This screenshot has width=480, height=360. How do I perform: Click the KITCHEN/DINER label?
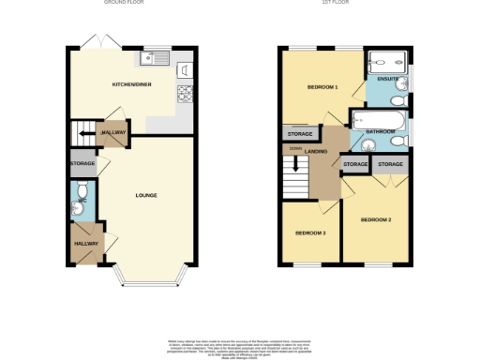pos(131,84)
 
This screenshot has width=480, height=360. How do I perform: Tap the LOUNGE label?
pos(145,195)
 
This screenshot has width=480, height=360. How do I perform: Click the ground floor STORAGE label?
pos(82,164)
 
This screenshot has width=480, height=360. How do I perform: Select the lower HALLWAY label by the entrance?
pos(86,243)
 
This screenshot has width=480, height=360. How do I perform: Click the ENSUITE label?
pos(386,79)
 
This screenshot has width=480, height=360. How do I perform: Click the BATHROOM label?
pos(380,132)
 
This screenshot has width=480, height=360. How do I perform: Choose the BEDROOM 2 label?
pos(375,219)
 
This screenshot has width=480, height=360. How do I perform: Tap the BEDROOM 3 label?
pos(310,232)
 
